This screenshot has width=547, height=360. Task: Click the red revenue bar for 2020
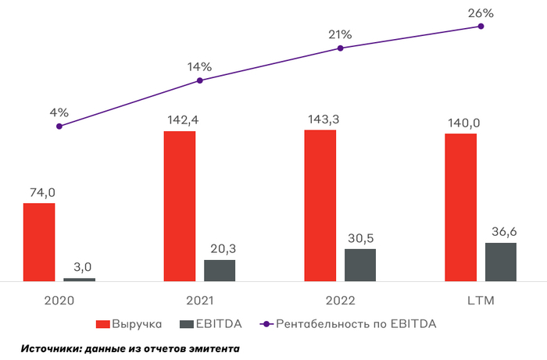39,241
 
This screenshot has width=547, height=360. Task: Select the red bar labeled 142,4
180,205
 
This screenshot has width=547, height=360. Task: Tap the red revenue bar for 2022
320,205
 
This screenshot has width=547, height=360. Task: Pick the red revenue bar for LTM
460,207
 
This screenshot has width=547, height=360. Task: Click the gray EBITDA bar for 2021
220,269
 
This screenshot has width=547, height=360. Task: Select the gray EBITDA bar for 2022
360,265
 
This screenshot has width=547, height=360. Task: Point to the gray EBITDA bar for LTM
500,261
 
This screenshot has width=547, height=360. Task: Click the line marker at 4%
59,126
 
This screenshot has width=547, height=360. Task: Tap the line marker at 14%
200,80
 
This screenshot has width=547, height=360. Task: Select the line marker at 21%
340,48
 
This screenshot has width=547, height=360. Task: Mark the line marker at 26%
481,26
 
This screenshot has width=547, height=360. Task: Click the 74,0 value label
39,192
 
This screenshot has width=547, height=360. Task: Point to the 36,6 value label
500,231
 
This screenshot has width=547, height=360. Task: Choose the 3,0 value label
79,267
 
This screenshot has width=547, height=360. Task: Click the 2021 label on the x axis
200,300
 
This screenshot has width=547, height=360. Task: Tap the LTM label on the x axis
481,300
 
